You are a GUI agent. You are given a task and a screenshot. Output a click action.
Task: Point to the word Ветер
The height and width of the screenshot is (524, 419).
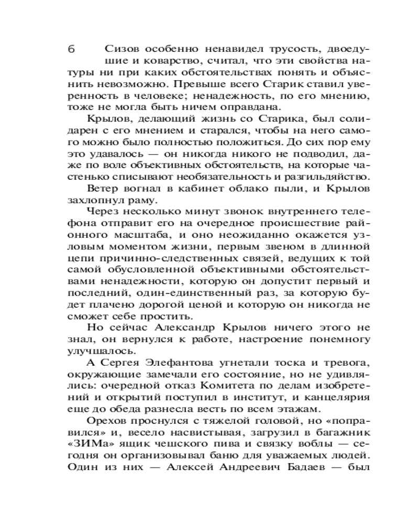103,188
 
